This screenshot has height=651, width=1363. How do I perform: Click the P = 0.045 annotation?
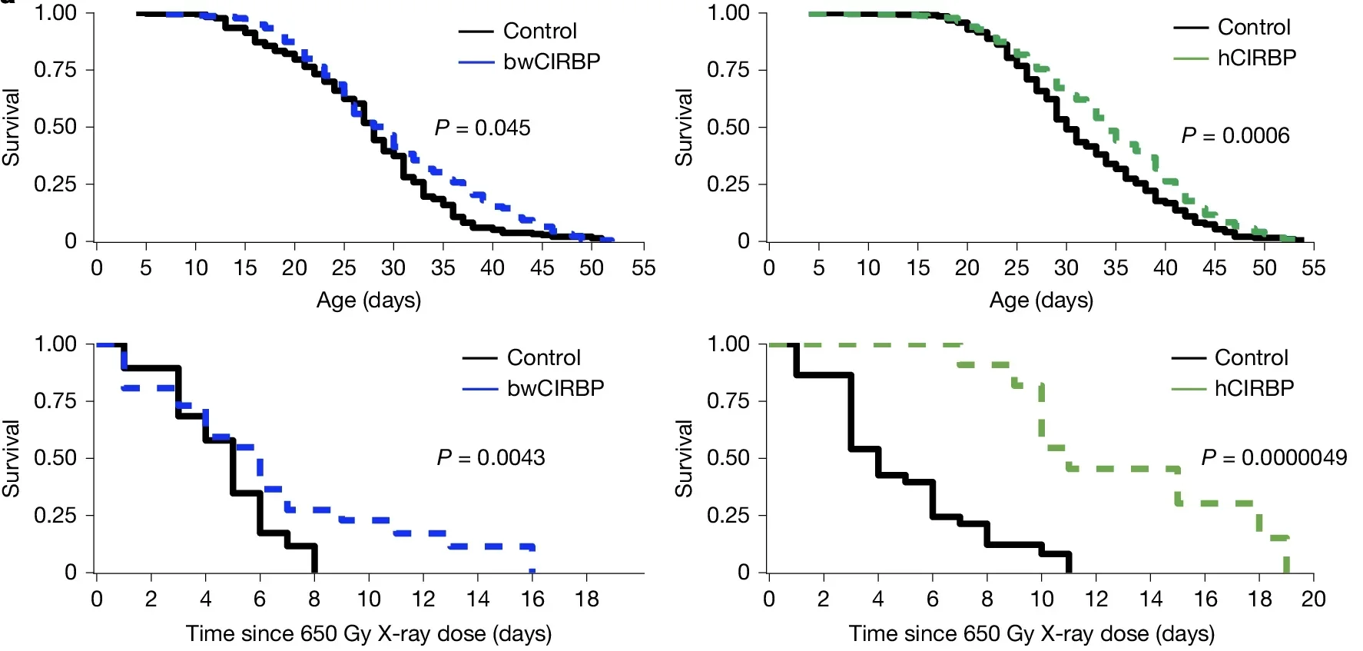(x=483, y=128)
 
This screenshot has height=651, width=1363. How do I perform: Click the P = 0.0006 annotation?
(x=1235, y=136)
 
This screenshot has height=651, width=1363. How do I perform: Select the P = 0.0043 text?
(x=490, y=458)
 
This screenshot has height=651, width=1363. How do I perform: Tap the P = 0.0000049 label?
(x=1274, y=458)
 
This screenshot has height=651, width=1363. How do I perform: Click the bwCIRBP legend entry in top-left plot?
(x=551, y=61)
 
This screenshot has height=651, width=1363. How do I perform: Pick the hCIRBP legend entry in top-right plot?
(x=1256, y=58)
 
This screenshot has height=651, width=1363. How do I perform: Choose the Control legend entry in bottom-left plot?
(x=543, y=357)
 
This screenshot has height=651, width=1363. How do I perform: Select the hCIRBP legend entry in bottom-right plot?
(x=1254, y=388)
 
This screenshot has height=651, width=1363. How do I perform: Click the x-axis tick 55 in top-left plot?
(x=643, y=267)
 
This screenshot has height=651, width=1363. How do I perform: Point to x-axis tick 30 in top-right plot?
(x=1066, y=267)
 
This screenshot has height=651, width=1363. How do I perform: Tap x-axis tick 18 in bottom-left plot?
(x=587, y=599)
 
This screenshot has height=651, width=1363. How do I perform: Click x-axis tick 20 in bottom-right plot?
(x=1313, y=599)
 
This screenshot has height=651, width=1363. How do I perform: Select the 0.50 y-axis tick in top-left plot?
(x=55, y=126)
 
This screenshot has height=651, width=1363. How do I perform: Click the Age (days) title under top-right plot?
(x=1041, y=301)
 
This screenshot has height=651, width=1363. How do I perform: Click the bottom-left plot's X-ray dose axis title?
(x=368, y=634)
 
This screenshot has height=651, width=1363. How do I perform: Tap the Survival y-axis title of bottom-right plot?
(x=683, y=458)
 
